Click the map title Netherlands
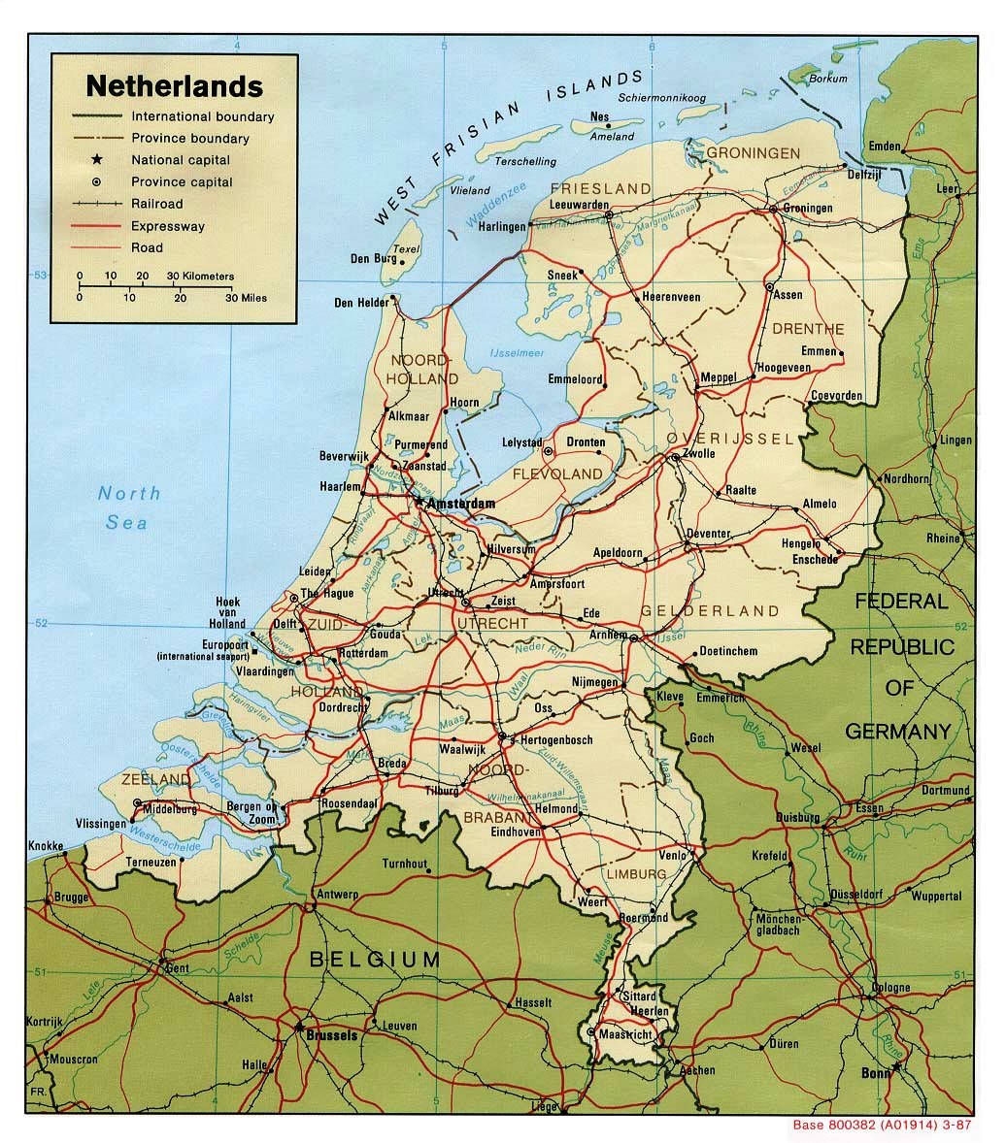(x=174, y=86)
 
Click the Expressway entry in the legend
(x=168, y=226)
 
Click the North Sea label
(x=128, y=507)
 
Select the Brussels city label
(x=331, y=1035)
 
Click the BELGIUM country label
(x=374, y=960)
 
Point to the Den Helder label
(x=360, y=303)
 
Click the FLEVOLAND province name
(x=556, y=474)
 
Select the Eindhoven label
(x=515, y=832)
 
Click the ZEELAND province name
(x=156, y=780)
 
